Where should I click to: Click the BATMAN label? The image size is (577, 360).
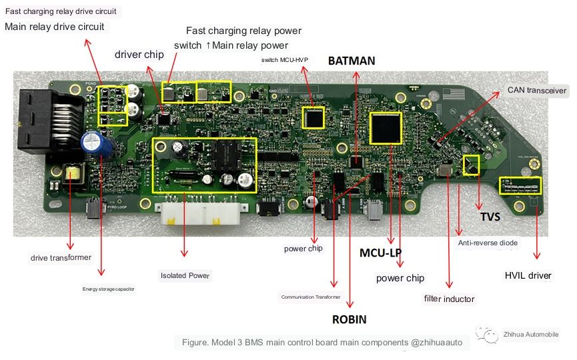click(352, 61)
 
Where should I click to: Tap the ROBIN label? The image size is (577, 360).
click(349, 319)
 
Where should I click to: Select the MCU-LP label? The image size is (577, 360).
click(380, 253)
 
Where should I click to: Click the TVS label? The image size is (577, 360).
click(490, 217)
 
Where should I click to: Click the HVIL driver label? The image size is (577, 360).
click(528, 276)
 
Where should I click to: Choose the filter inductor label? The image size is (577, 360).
click(449, 299)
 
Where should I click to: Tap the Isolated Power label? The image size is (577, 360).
click(185, 275)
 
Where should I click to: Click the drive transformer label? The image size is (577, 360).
click(61, 257)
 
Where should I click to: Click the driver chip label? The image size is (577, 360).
click(139, 55)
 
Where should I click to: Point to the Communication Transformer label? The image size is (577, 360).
click(311, 297)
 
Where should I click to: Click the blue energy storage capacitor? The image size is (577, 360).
click(91, 141)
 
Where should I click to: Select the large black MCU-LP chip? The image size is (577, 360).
click(386, 127)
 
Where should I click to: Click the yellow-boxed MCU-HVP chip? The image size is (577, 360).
click(313, 117)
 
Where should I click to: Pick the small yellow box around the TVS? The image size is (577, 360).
click(472, 165)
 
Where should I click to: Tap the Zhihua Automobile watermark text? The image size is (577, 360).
click(531, 335)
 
